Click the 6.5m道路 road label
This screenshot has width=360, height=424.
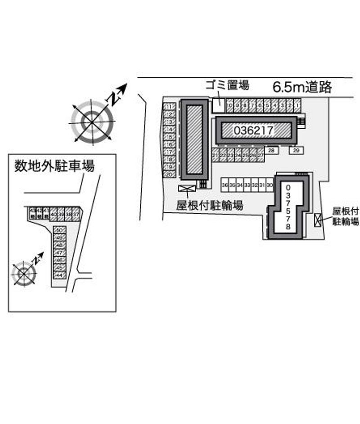[x=302, y=87]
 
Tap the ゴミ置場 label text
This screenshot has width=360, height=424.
[x=227, y=85]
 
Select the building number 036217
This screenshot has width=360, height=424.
[x=254, y=131]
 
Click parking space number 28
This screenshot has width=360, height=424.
[x=271, y=150]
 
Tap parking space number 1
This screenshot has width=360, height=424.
[x=297, y=106]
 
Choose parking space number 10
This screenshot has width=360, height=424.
[x=229, y=106]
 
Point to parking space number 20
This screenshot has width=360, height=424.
[x=170, y=174]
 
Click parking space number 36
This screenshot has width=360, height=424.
[x=225, y=185]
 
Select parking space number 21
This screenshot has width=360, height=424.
[x=216, y=155]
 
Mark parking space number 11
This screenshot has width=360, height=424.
[x=170, y=106]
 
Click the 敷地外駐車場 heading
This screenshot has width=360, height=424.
[x=54, y=167]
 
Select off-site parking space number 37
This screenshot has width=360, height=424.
[x=76, y=214]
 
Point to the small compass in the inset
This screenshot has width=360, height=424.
[x=24, y=273]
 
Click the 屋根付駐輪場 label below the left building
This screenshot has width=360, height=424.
[x=210, y=206]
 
